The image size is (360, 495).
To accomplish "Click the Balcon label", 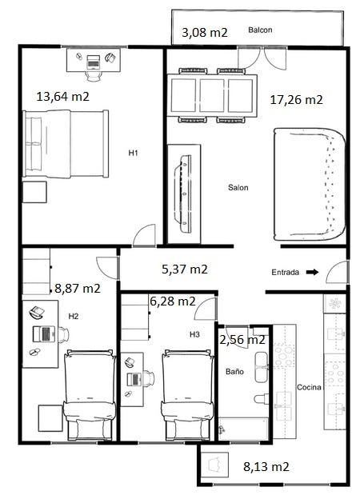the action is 260,30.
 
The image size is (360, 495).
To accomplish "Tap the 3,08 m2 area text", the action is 205,33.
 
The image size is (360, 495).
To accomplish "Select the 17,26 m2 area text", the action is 297,100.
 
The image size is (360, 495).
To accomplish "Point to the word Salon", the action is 238,187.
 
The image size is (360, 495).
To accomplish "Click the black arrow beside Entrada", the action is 313,272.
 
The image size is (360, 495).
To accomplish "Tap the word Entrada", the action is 285,272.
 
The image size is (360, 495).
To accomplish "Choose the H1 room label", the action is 133,153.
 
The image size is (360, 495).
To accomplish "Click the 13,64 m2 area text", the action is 63,96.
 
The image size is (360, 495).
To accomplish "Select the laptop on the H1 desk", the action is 93,62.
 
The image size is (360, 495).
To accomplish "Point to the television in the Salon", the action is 183,194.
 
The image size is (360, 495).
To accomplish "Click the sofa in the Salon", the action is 309,185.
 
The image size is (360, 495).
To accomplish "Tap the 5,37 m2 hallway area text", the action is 185,269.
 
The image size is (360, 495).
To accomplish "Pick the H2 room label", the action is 74,316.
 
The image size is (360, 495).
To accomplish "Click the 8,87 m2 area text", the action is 78,288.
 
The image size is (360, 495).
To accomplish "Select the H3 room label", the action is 194,334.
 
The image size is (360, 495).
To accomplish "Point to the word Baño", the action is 234,372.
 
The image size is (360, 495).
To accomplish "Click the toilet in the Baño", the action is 261,399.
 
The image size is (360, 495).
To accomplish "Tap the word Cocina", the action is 309,387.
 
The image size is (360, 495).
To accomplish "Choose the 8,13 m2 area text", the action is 266,466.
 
